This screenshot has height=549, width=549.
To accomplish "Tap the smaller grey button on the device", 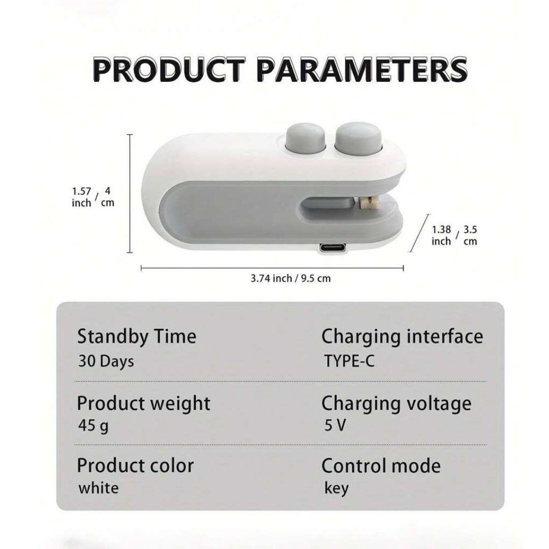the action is click(x=306, y=139).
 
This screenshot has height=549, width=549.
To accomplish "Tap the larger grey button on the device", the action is click(x=359, y=138).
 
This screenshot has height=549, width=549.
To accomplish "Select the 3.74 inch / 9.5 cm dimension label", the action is click(x=291, y=279).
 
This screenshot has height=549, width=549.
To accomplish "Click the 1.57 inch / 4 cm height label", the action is click(x=93, y=197).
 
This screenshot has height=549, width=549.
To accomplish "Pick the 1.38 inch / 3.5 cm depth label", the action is click(x=454, y=235).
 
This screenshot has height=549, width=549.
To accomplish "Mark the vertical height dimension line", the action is click(x=130, y=193).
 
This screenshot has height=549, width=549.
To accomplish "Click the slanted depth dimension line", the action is click(x=419, y=233).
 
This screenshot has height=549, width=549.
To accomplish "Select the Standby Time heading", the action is click(x=137, y=337).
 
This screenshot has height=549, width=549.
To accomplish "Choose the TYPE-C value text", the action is click(x=349, y=361).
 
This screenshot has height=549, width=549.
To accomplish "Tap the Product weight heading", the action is click(x=143, y=403).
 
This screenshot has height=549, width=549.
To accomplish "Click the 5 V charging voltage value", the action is click(x=335, y=425).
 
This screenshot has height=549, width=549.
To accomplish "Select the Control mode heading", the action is click(x=381, y=466).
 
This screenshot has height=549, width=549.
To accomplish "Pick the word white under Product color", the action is click(x=99, y=488).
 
